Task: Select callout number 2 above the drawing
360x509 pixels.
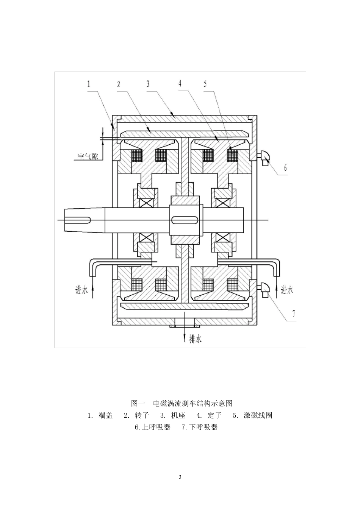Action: coord(119,84)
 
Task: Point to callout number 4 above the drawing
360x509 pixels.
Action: coord(180,84)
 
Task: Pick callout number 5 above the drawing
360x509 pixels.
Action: coord(205,84)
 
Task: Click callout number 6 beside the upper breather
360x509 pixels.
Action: coord(285,168)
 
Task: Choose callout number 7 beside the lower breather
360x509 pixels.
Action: coord(294,314)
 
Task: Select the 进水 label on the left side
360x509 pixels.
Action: coord(81,290)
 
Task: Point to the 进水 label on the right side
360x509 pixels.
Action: coord(287,290)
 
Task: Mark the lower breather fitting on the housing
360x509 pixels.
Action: coord(264,289)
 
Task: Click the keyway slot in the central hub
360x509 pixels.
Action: coord(185,220)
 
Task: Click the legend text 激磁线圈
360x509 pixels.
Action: coord(258,415)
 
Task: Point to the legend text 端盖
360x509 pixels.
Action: coord(106,415)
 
